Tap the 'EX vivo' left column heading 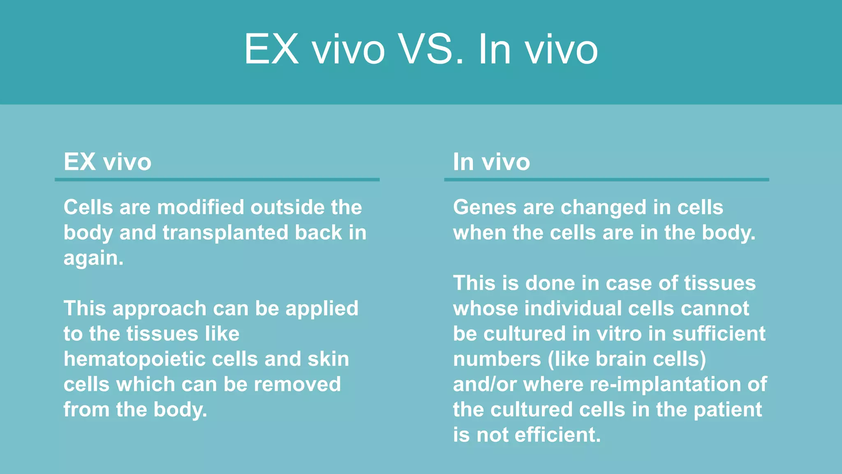[107, 162]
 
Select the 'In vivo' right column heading [491, 162]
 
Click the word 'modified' [201, 207]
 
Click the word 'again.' [93, 258]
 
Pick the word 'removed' [297, 384]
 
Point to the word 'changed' [603, 207]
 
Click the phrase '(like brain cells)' [627, 359]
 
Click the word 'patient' [728, 410]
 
